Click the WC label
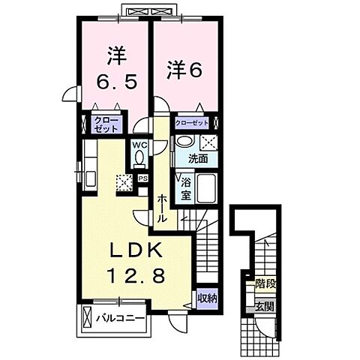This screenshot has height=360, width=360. pyautogui.click(x=139, y=144)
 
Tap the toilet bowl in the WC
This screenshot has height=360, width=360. pyautogui.click(x=139, y=157)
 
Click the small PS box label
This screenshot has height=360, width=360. pyautogui.click(x=142, y=178)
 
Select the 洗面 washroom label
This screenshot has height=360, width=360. pyautogui.click(x=197, y=159)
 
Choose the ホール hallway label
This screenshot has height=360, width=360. pyautogui.click(x=161, y=206)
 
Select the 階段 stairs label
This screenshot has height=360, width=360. pyautogui.click(x=263, y=284)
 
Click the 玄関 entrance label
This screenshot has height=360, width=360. pyautogui.click(x=263, y=305)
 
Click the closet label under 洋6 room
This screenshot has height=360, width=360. pyautogui.click(x=191, y=120)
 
